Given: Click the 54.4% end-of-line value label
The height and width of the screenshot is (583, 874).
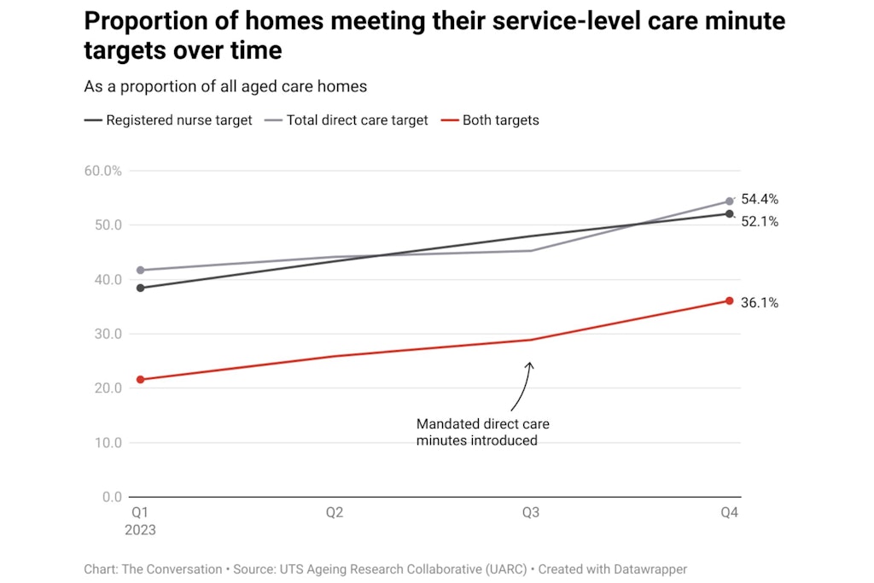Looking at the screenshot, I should (759, 200).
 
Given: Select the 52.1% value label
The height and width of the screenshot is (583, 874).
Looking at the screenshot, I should (759, 222).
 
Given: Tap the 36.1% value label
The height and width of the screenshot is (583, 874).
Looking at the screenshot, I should (759, 303).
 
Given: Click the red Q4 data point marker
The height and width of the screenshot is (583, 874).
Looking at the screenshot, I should (730, 300).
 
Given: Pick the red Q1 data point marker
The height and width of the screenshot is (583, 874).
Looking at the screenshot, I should (140, 379).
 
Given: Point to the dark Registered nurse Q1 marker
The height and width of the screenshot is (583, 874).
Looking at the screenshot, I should (140, 288).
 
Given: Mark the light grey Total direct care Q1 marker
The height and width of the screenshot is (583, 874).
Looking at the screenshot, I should (140, 270).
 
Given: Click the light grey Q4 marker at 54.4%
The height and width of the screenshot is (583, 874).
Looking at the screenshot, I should (730, 201).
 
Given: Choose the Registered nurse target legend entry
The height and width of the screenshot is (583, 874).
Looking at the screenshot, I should (168, 120).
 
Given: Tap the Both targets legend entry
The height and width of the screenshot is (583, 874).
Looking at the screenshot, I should (490, 120).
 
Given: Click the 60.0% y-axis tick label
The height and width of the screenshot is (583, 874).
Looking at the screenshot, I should (103, 171).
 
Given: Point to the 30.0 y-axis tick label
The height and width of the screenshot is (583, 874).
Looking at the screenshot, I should (108, 334).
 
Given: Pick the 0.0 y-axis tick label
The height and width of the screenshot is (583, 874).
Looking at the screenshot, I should (111, 497).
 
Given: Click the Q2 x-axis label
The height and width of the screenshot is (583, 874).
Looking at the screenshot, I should (335, 513).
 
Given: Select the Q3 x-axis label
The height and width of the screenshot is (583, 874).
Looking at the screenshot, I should (531, 513).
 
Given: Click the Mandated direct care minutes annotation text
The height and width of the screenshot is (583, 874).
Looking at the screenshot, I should (482, 432).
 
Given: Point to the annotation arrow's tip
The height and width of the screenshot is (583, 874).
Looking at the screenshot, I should (529, 363).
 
